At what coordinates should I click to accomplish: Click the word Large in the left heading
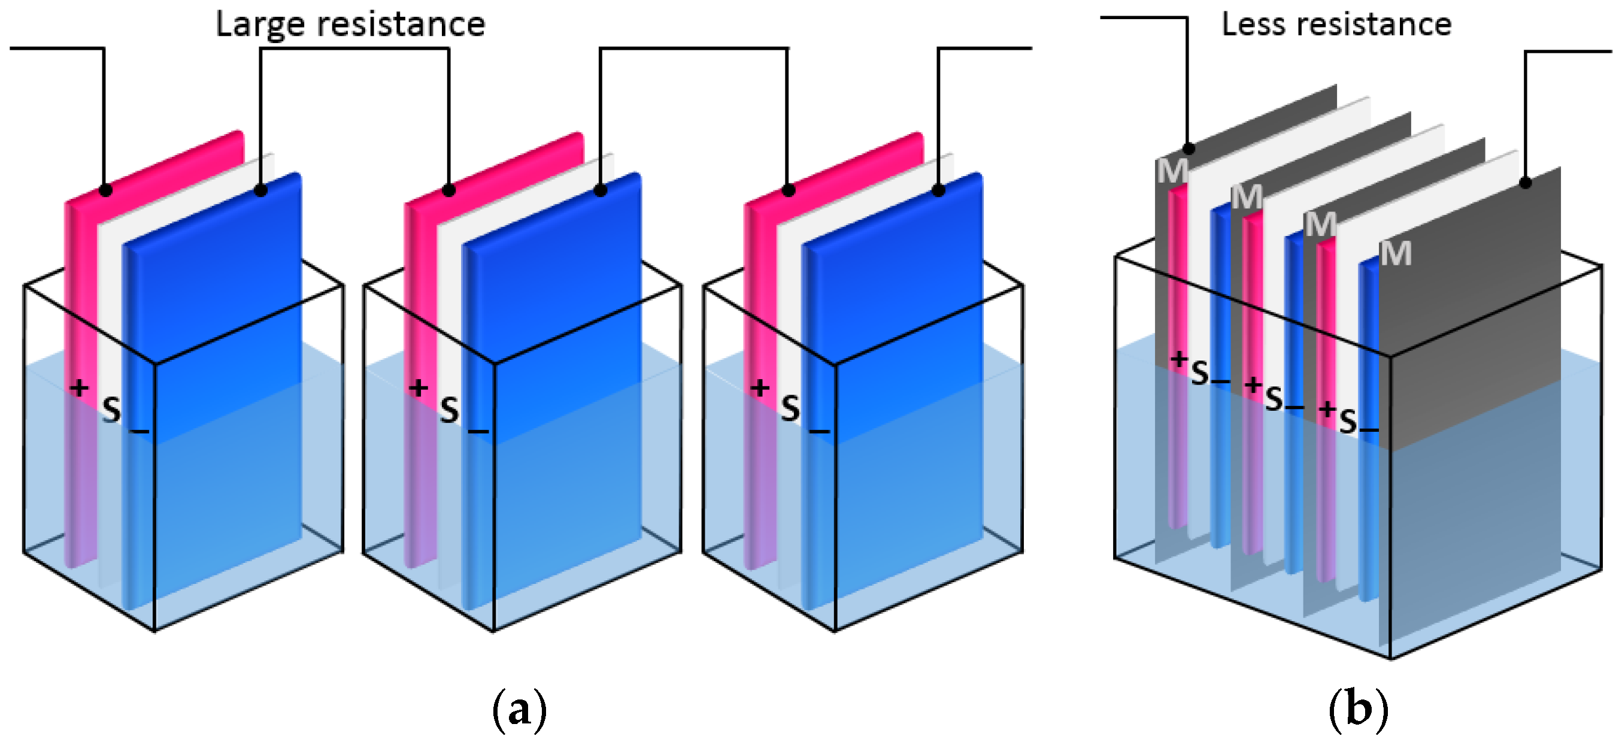[260, 25]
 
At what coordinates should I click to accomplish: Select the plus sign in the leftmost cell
[79, 387]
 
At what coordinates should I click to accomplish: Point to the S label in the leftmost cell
[111, 411]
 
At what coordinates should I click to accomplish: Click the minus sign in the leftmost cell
[140, 431]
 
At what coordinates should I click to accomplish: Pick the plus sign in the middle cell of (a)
[419, 387]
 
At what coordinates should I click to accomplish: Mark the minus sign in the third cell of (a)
[818, 431]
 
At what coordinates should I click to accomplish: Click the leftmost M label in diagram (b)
[1171, 171]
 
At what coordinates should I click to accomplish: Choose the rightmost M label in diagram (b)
[1396, 254]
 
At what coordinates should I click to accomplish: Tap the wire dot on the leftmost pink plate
[105, 190]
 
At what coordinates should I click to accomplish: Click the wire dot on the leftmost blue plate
[261, 190]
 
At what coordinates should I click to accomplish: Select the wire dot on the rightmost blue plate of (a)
[938, 190]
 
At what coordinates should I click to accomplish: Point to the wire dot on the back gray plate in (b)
[1188, 149]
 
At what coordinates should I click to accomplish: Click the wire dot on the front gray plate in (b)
[1526, 183]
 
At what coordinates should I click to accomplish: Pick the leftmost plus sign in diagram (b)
[1180, 359]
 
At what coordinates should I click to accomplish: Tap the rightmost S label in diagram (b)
[1348, 422]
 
